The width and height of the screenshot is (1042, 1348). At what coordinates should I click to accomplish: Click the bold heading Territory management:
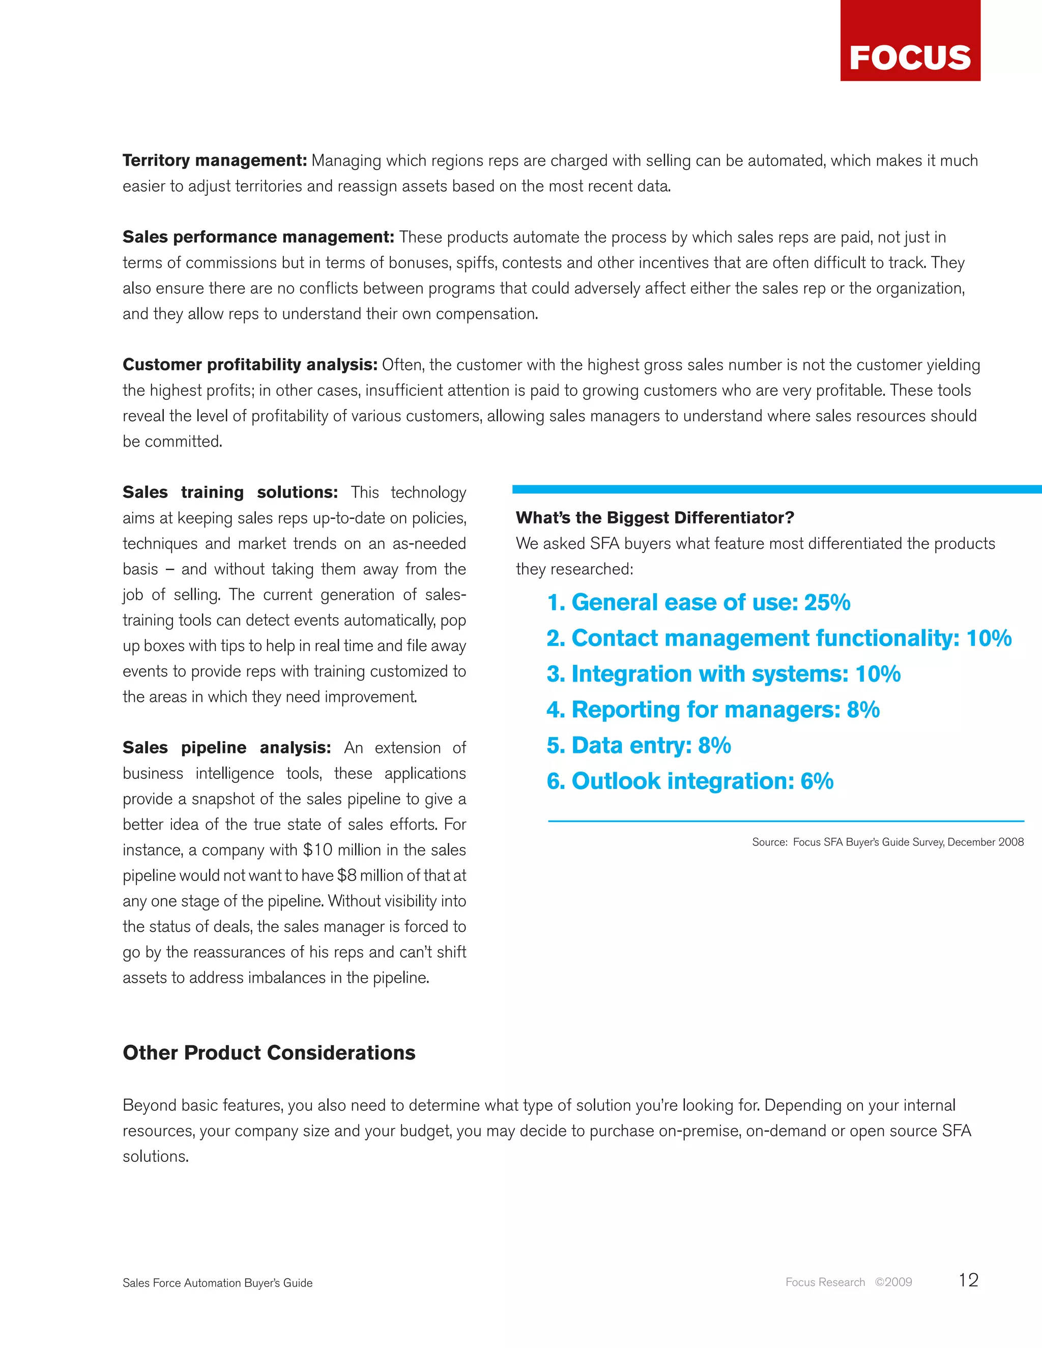pos(214,160)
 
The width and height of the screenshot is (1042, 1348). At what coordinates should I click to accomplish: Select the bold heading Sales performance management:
pos(258,237)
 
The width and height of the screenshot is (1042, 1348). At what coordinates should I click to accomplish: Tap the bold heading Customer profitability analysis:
pos(249,365)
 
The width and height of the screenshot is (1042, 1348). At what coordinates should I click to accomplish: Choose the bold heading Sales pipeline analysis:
pos(226,748)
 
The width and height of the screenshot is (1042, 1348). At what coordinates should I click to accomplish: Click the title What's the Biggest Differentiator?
pos(654,517)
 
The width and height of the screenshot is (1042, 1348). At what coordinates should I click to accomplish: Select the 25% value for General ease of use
pos(827,602)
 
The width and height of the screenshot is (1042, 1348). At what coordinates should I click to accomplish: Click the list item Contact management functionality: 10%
pos(778,638)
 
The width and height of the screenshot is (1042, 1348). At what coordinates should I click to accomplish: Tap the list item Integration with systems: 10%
pos(723,674)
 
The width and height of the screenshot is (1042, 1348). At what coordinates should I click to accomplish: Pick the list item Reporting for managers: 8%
pos(712,710)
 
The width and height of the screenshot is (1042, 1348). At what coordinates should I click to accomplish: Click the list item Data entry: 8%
pos(639,746)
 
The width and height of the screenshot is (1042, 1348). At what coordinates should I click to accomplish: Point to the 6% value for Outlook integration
pos(817,781)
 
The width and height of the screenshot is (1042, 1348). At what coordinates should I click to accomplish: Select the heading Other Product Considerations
pos(269,1053)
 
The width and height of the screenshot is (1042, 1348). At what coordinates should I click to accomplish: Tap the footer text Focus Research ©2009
pos(848,1282)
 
